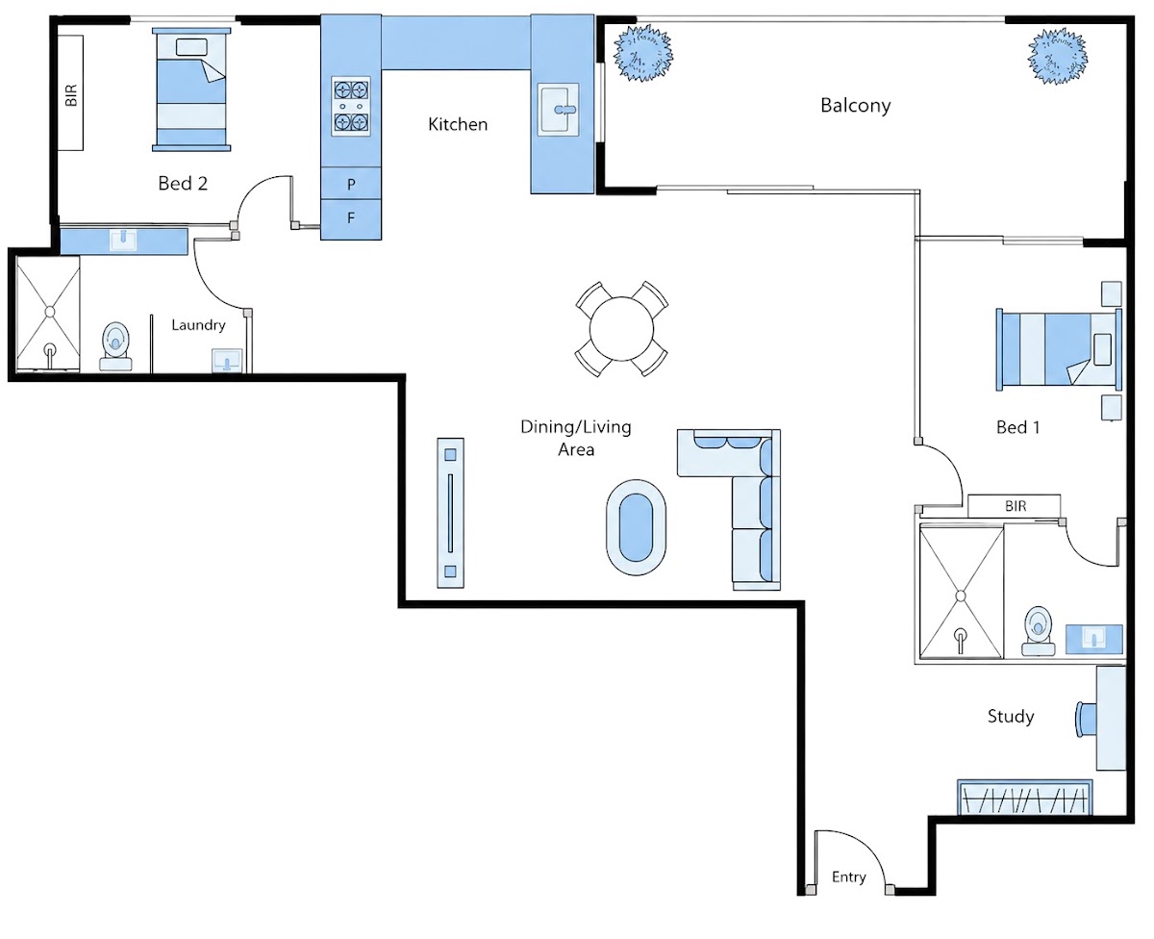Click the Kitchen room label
pos(457,124)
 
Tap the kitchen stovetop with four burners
pos(351,106)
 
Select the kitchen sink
pos(558,110)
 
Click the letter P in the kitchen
pos(351,184)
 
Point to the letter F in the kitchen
pos(351,217)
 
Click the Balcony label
pos(856,106)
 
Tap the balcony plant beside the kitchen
pos(643,54)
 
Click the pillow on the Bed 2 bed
pos(191,47)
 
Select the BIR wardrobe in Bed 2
pos(70,93)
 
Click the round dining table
pos(621,329)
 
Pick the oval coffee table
pos(636,527)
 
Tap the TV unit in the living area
pos(450,513)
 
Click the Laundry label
pos(198,325)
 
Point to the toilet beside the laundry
pos(115,346)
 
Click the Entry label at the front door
pos(848,876)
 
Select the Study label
pos(1011,717)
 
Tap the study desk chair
pos(1086,719)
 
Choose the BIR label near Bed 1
pos(1016,506)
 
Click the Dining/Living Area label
pos(576,438)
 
